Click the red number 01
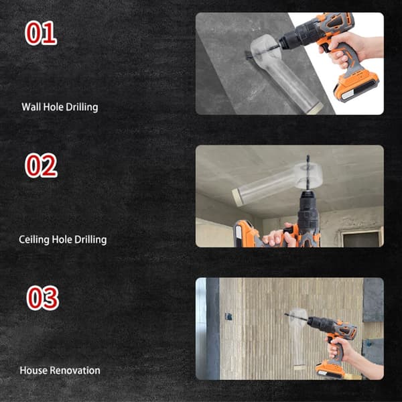click(41, 33)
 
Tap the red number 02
click(41, 165)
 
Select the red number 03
click(43, 298)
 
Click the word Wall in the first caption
click(31, 107)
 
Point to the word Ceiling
click(34, 240)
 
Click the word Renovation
click(75, 371)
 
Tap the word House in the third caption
click(33, 371)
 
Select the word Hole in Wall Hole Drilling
click(54, 107)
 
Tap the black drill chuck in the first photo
click(295, 38)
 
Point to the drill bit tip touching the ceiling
click(308, 155)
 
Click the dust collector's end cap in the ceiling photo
click(238, 197)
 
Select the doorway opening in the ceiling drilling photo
click(361, 239)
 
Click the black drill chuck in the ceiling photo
click(308, 210)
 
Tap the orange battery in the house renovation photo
click(330, 369)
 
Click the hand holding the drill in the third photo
click(339, 349)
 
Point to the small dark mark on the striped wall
click(228, 317)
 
